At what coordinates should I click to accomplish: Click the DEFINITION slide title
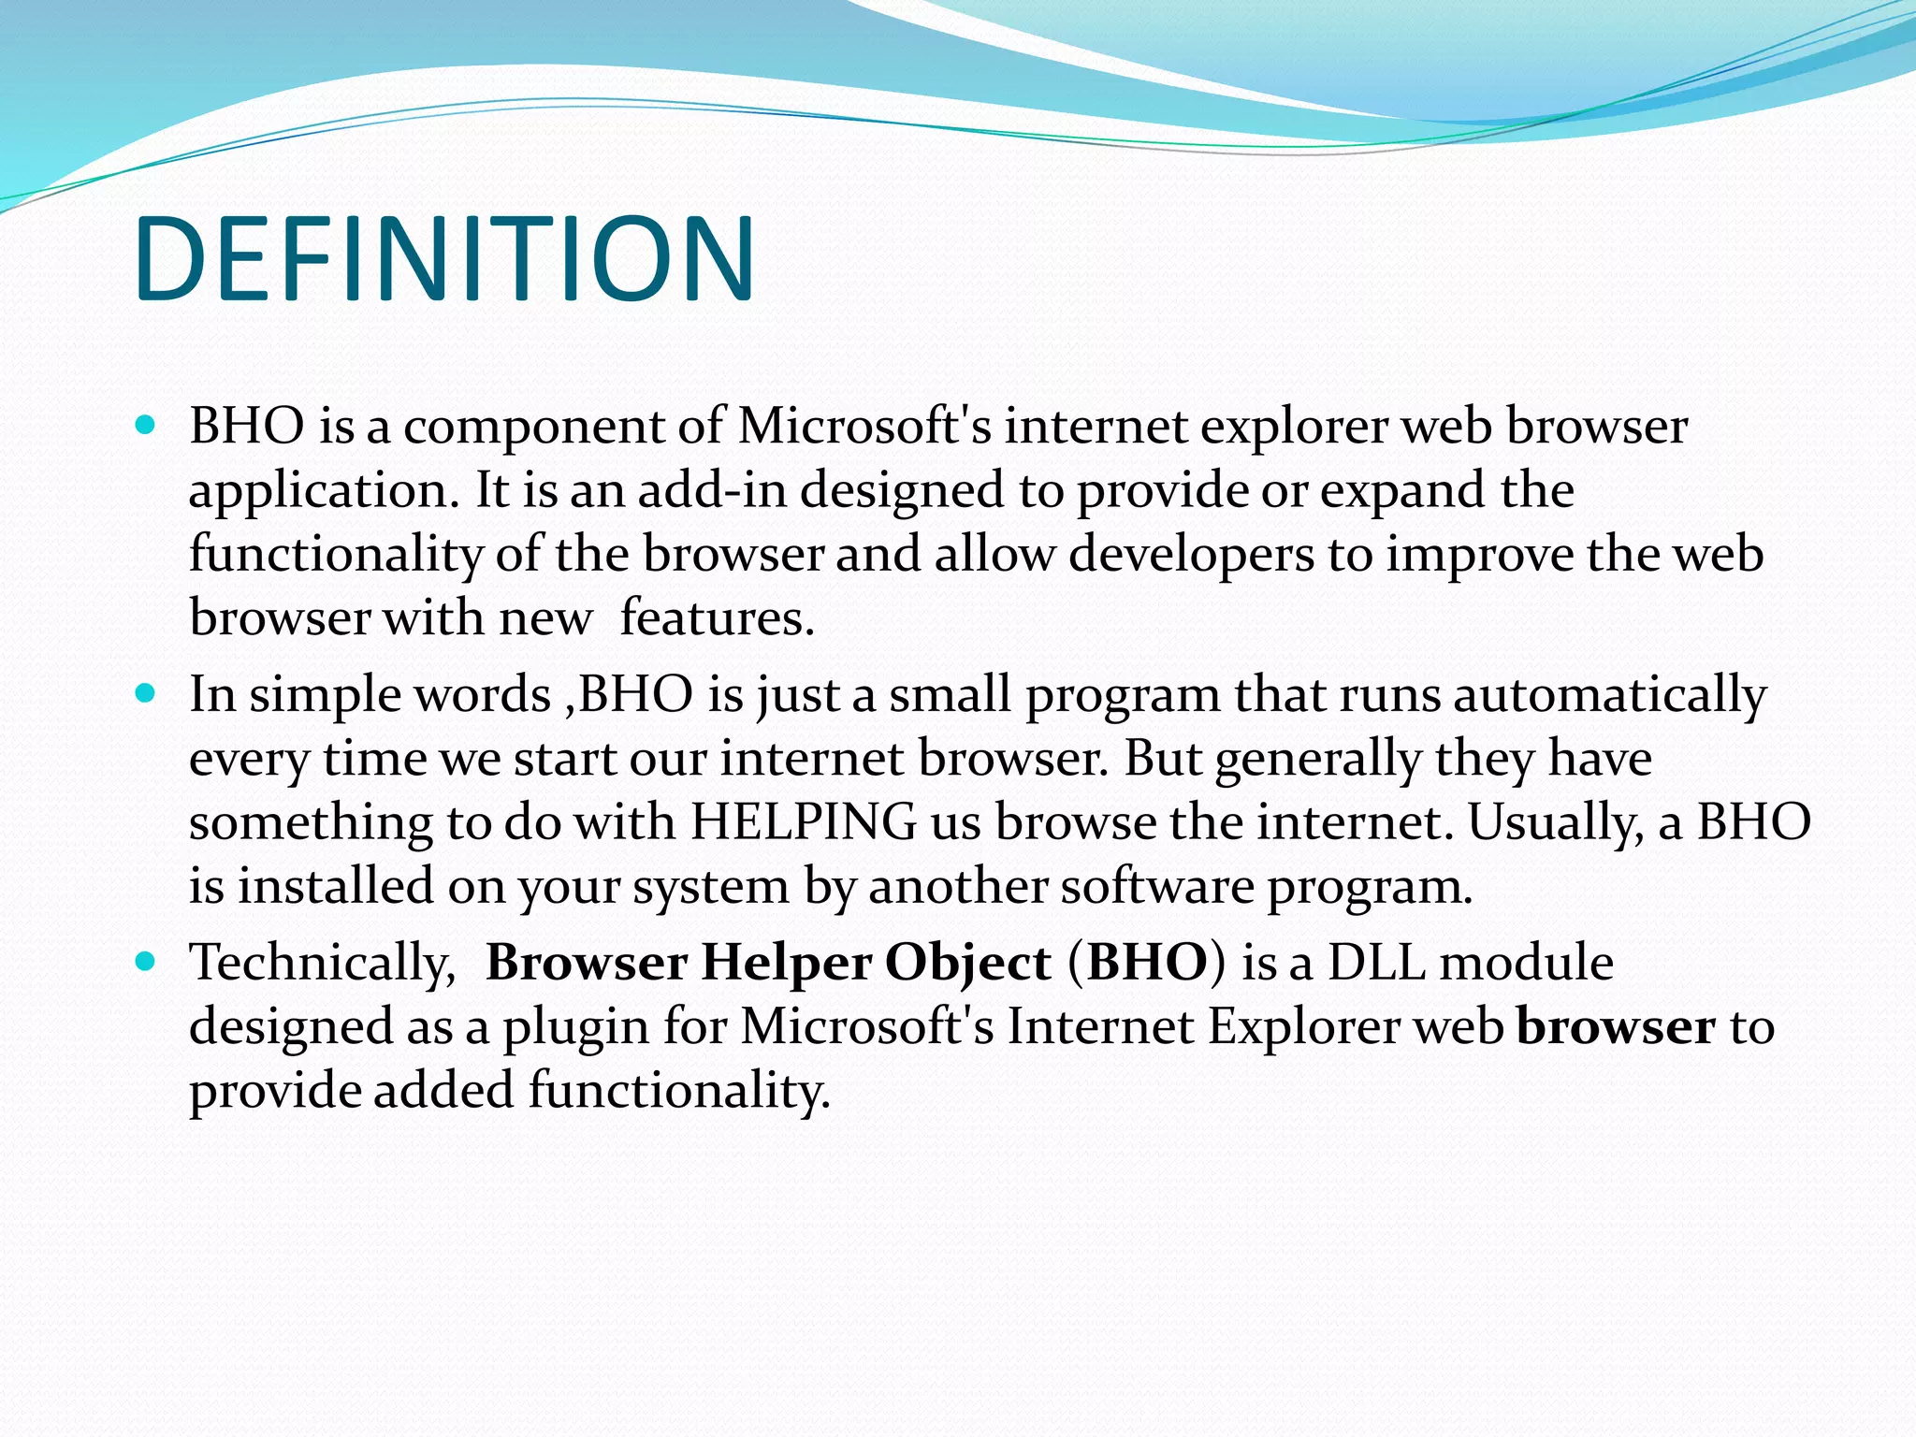pyautogui.click(x=443, y=259)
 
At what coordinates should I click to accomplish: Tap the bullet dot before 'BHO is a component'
pyautogui.click(x=144, y=426)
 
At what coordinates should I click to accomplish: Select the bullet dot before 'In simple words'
pyautogui.click(x=144, y=694)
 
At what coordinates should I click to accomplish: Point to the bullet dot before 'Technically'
pyautogui.click(x=144, y=962)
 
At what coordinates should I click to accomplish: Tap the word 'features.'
pyautogui.click(x=718, y=618)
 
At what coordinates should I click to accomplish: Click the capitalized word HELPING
pyautogui.click(x=804, y=822)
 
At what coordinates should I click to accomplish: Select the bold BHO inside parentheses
pyautogui.click(x=1147, y=963)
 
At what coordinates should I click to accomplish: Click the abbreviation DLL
pyautogui.click(x=1376, y=963)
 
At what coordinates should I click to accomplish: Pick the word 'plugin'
pyautogui.click(x=576, y=1027)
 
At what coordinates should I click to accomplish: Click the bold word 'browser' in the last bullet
pyautogui.click(x=1616, y=1027)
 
